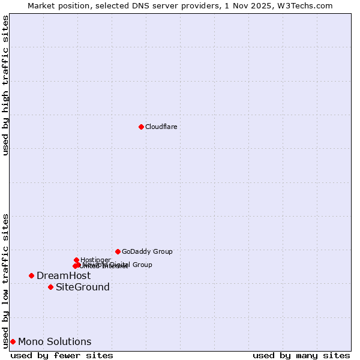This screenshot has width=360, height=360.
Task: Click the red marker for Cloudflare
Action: [141, 127]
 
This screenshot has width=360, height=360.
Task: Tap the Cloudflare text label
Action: [161, 127]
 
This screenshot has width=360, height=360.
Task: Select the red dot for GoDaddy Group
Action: [118, 251]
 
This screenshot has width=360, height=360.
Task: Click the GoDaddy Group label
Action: [147, 252]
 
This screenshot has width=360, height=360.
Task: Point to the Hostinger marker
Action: [76, 260]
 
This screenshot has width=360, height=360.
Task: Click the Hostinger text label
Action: [95, 260]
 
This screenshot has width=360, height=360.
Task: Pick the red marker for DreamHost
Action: [31, 275]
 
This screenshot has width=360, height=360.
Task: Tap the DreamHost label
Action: [64, 275]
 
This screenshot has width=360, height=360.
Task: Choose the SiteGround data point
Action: [50, 287]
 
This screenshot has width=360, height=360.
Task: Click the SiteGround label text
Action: [83, 287]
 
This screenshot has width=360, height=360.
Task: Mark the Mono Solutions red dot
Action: [13, 341]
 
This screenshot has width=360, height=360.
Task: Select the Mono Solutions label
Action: [55, 342]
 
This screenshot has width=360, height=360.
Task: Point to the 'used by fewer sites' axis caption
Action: [62, 355]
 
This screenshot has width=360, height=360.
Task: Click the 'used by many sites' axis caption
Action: [301, 355]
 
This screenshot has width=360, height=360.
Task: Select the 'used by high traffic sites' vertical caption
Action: [5, 85]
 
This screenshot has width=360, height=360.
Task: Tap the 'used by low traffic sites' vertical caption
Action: [5, 280]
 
